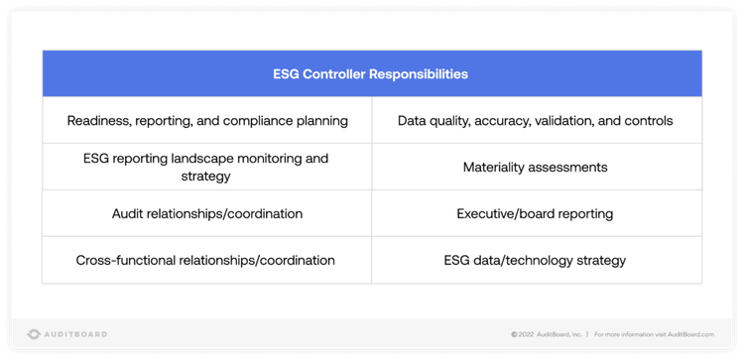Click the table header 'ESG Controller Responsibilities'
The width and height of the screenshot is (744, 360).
click(x=371, y=73)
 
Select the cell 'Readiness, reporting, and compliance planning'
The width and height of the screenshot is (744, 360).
click(x=207, y=121)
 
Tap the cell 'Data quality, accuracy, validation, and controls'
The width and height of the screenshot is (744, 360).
click(x=535, y=121)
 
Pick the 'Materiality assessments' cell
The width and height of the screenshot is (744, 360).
click(x=535, y=167)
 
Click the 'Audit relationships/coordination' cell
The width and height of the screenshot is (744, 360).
click(x=207, y=213)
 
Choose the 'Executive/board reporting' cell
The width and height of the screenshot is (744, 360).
click(x=535, y=213)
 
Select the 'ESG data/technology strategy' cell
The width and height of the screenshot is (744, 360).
click(x=535, y=260)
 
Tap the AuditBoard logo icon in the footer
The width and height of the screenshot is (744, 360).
click(x=34, y=334)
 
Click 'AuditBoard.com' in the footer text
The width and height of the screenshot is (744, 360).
click(x=691, y=334)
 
